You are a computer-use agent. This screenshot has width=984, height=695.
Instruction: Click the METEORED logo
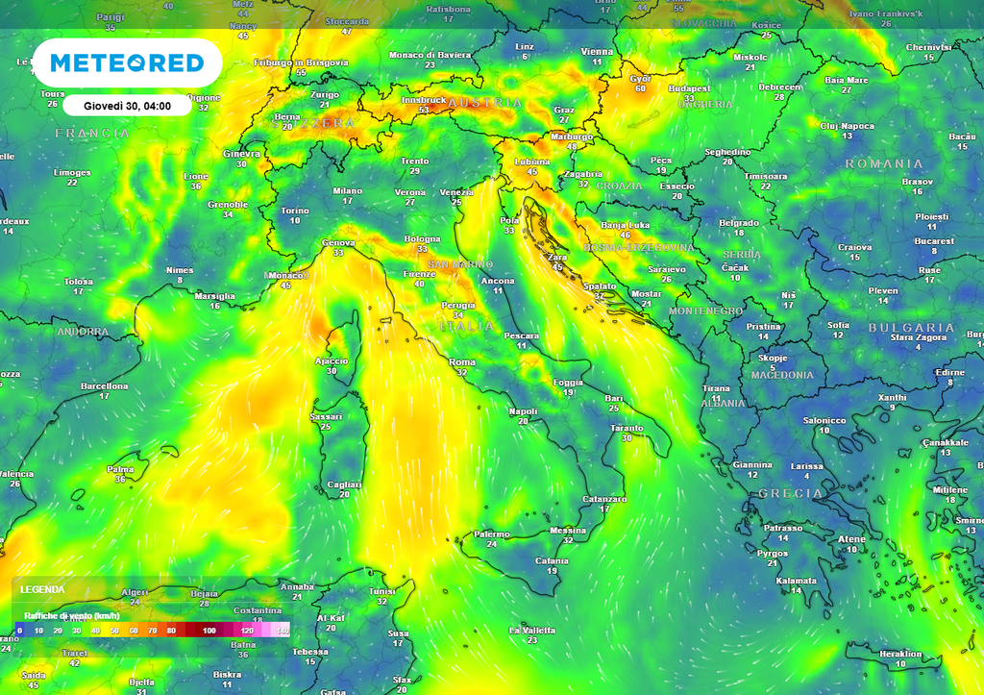point(127,63)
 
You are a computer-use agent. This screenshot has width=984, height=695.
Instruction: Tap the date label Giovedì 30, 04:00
point(127,106)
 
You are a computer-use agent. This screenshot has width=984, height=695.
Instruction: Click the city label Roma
point(462,361)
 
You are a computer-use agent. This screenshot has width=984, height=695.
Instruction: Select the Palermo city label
point(491,534)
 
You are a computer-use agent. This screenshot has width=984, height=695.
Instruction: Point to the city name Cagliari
point(345,484)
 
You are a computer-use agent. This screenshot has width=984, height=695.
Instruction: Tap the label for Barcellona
point(105,385)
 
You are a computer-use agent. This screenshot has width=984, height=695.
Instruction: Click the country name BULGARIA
point(911,328)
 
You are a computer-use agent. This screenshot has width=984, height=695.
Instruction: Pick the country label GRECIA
point(791,493)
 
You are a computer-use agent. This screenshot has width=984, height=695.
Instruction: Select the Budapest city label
point(689,88)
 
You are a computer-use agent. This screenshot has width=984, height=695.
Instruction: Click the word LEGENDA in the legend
point(42,589)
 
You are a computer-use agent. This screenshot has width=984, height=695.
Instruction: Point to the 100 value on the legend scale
point(209,631)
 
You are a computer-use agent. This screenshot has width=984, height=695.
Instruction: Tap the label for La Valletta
point(532,630)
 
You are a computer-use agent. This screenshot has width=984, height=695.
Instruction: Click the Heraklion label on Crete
point(900,654)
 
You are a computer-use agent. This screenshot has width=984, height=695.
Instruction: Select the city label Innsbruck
point(424,99)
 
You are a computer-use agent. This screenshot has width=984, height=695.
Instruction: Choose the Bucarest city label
point(935,241)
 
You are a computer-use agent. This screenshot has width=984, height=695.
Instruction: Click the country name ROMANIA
point(883,163)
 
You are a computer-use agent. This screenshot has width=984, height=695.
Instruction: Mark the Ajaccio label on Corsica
point(332,360)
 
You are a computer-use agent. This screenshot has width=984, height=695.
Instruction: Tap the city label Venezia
point(456,192)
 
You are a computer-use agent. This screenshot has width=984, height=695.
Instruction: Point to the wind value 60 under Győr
point(641,89)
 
